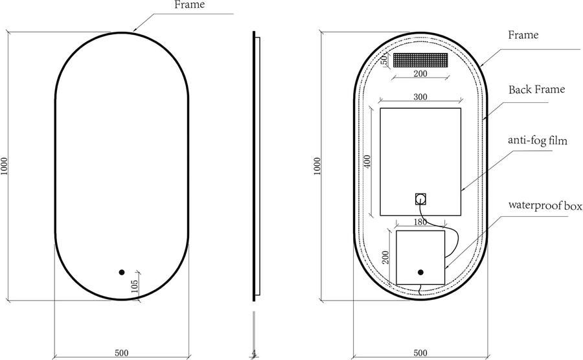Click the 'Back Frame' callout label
(536, 89)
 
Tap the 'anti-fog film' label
(538, 141)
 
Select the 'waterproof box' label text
(545, 205)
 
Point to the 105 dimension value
(135, 286)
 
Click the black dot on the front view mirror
(122, 273)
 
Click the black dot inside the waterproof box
(420, 273)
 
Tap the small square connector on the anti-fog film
(420, 199)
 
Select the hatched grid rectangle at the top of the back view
(420, 60)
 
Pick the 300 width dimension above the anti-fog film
(420, 96)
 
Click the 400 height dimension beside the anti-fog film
(367, 161)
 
